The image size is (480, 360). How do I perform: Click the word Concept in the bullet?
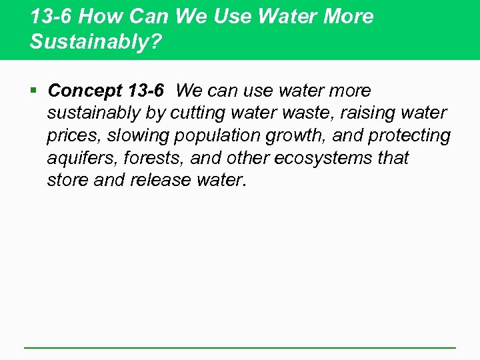click(84, 91)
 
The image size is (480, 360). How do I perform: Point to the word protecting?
click(409, 136)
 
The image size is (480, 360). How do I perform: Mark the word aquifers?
click(77, 159)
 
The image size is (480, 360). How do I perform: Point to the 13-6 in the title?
click(51, 17)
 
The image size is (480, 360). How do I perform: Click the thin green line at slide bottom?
click(240, 347)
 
